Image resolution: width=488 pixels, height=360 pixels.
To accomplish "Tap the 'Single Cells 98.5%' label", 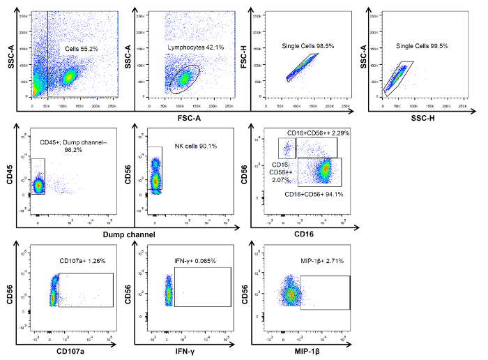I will pyautogui.click(x=308, y=45).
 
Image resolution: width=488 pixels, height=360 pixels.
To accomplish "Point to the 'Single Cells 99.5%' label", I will pyautogui.click(x=422, y=46).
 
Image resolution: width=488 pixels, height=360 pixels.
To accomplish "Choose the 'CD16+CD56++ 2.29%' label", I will pyautogui.click(x=317, y=133).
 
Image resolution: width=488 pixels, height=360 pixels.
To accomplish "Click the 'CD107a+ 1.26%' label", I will pyautogui.click(x=83, y=261).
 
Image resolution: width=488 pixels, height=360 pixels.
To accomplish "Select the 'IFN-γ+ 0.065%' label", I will pyautogui.click(x=195, y=261).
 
